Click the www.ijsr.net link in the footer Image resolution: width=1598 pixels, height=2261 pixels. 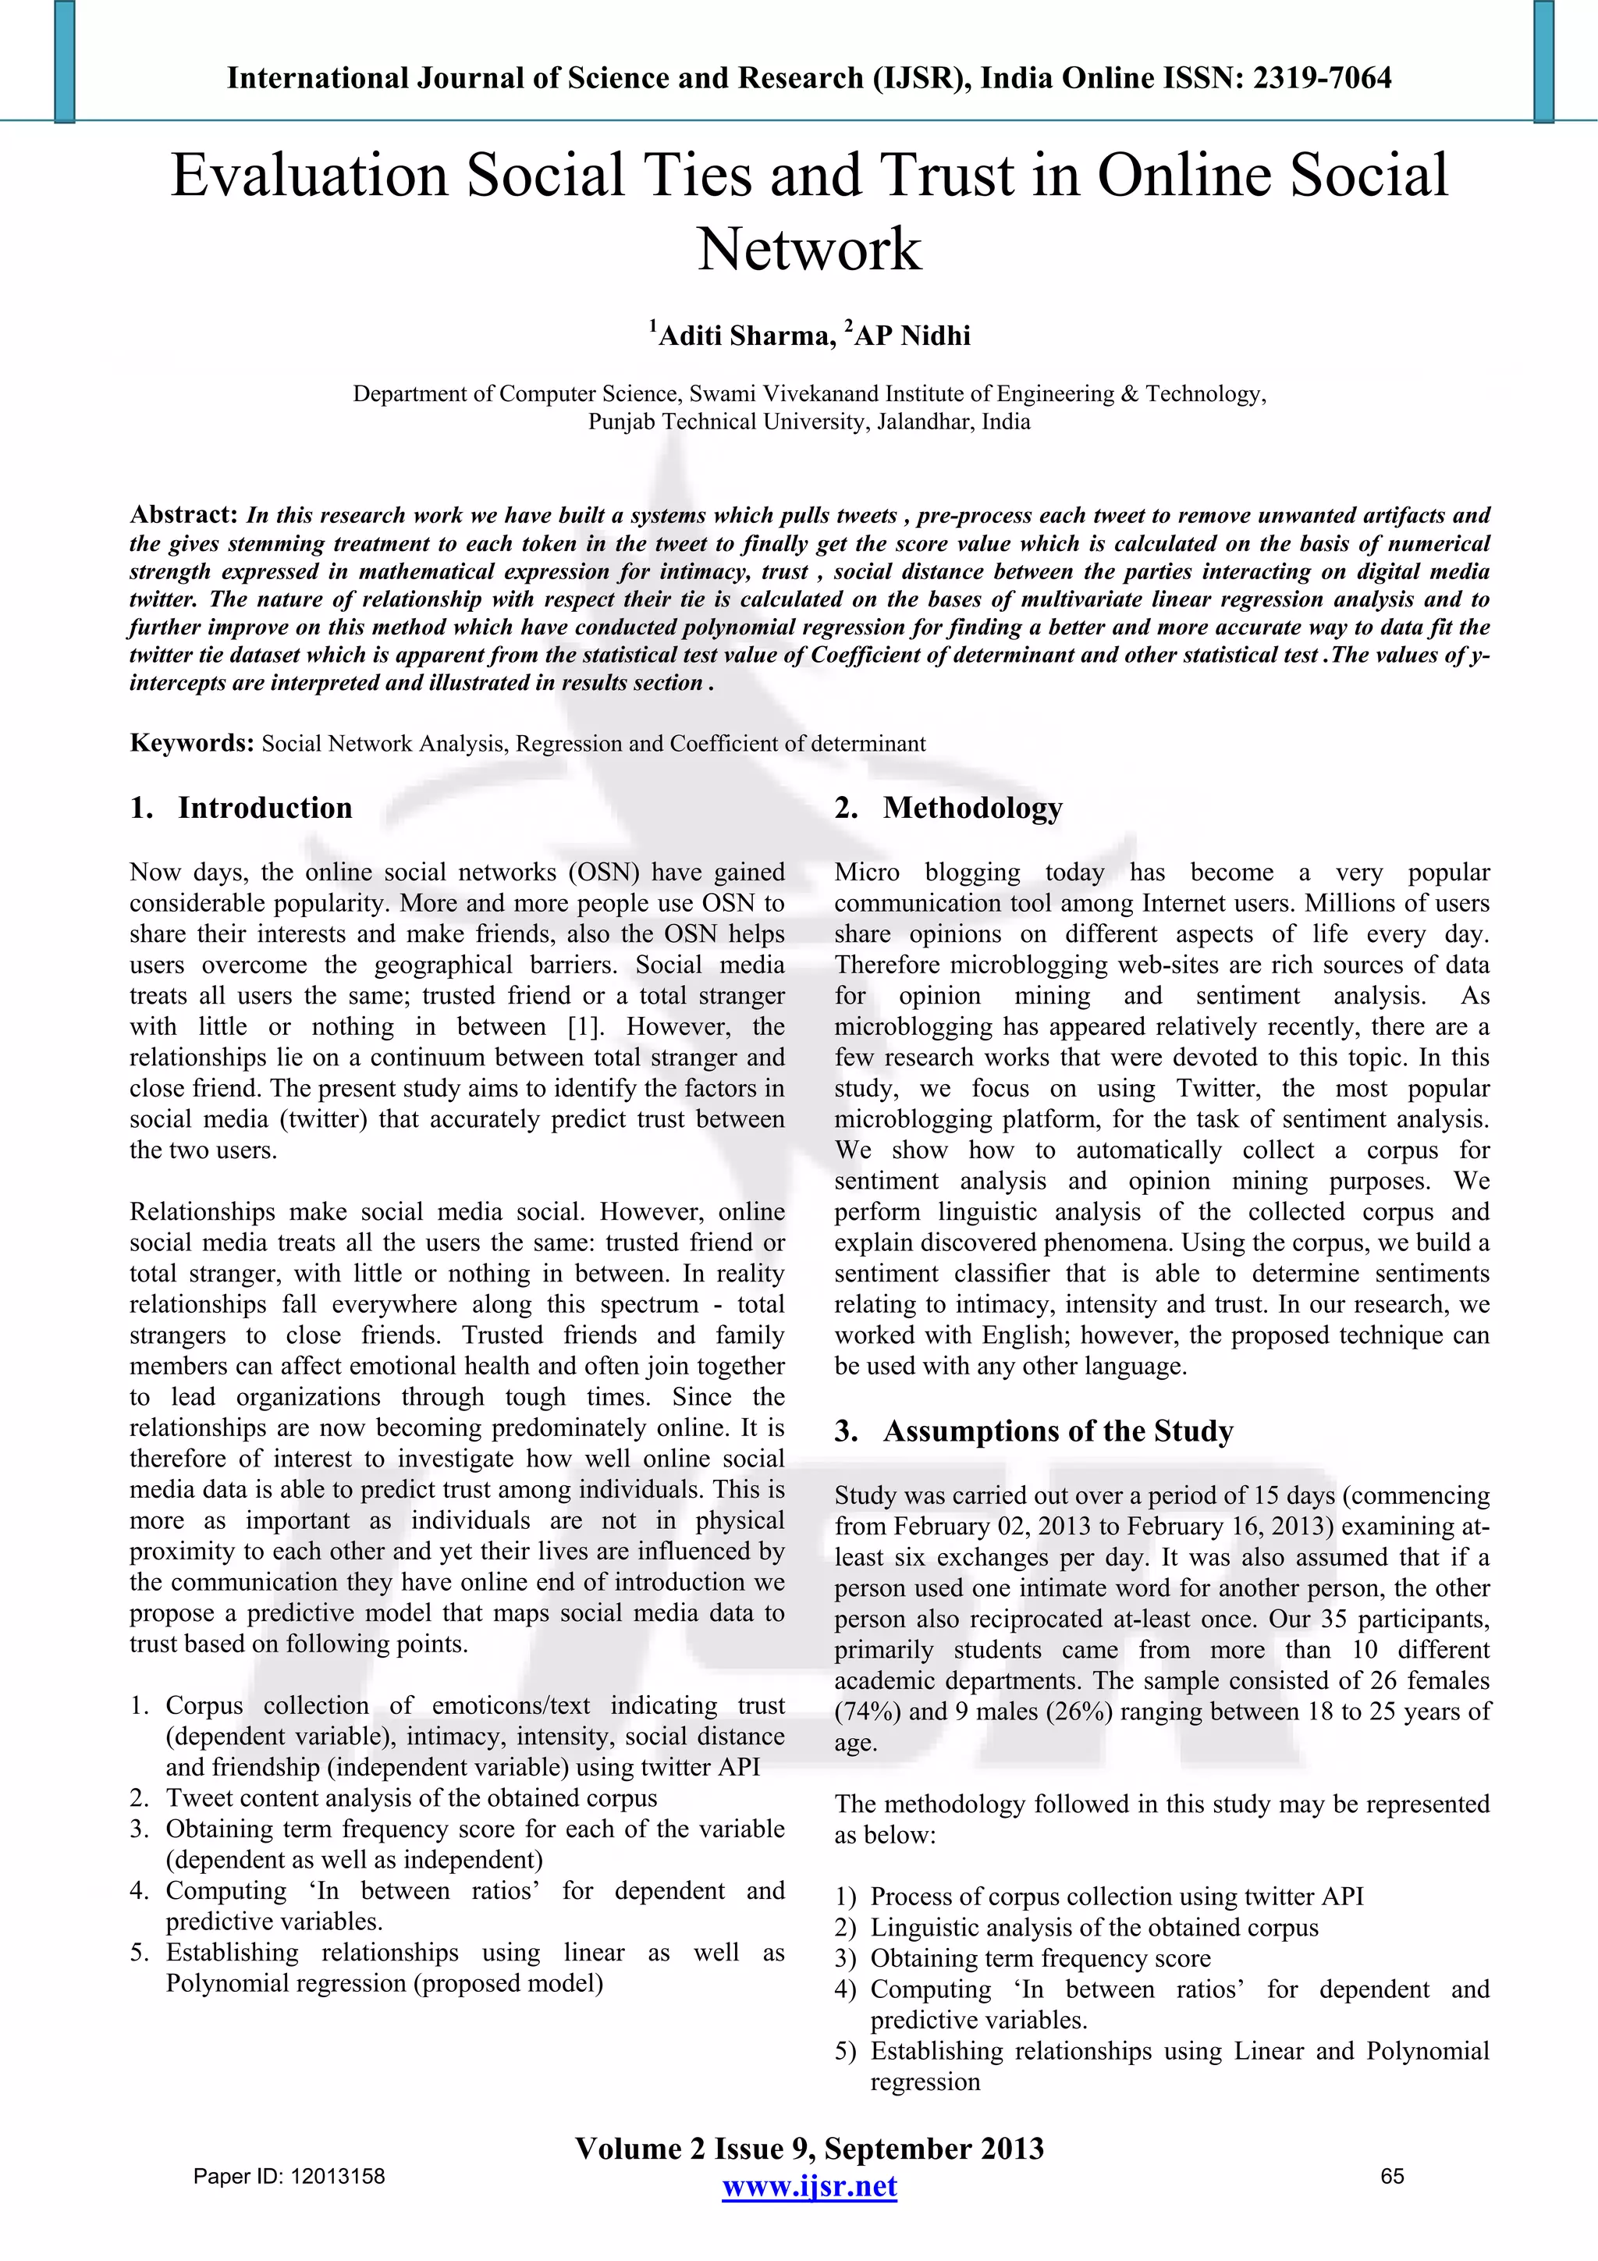[808, 2186]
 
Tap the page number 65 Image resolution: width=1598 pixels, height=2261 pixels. [1392, 2176]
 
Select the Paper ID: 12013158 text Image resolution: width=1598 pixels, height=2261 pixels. [289, 2176]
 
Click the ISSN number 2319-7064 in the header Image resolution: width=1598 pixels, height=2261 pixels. [1321, 78]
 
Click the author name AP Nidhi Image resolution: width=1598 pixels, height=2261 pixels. [911, 336]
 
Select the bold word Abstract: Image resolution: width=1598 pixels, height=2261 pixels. [183, 514]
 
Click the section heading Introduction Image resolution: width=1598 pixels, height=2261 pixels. [264, 808]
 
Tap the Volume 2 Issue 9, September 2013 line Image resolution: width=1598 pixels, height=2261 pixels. [808, 2148]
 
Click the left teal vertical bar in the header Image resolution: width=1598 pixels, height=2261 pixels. [65, 61]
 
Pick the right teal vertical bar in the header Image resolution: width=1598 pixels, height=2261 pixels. [1543, 61]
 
